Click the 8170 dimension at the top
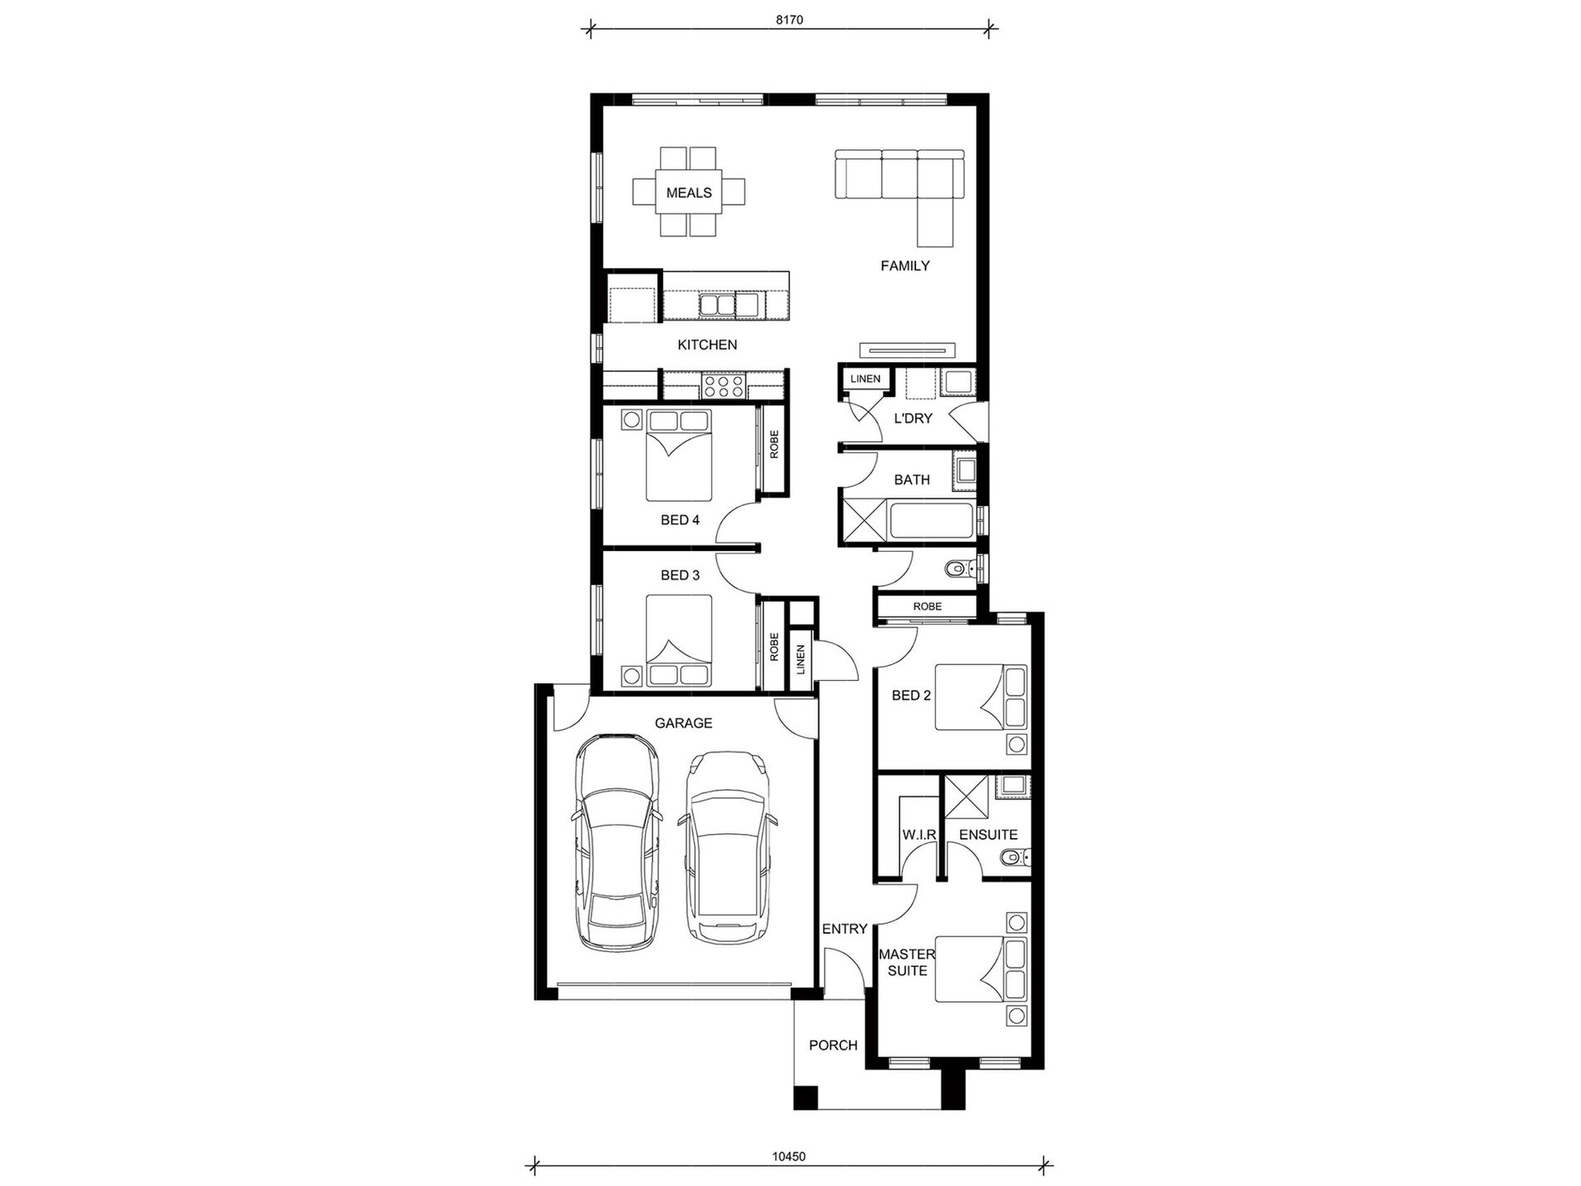(789, 20)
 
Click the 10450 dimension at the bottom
(789, 1156)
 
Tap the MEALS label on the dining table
(689, 193)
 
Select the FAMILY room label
(904, 266)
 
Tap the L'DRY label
(913, 419)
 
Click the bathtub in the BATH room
(930, 521)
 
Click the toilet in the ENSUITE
(1012, 857)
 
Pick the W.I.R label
(919, 835)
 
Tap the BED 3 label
(680, 575)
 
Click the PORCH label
(833, 1045)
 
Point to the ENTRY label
(845, 929)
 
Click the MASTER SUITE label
(907, 963)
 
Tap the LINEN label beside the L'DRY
(865, 380)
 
